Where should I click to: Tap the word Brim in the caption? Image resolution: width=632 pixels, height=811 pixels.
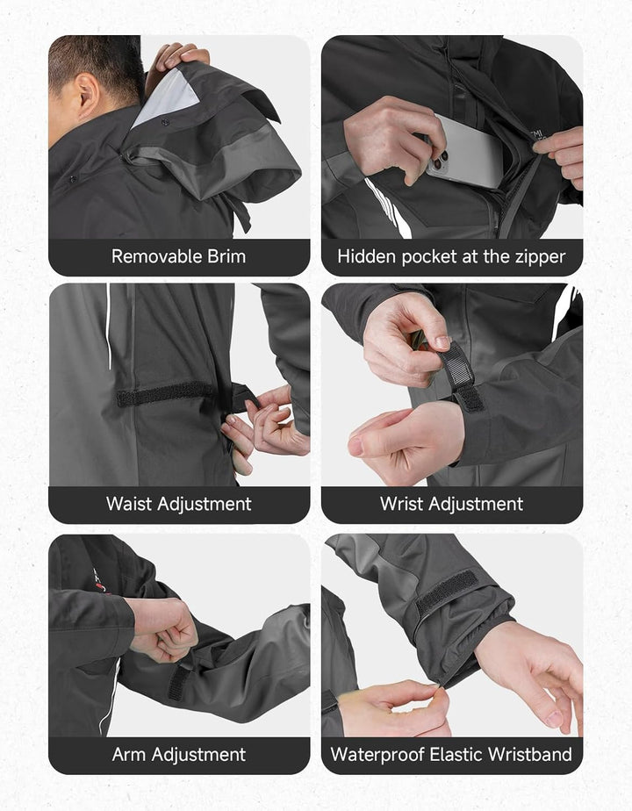226,256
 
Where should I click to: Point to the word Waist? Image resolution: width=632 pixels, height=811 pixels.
129,504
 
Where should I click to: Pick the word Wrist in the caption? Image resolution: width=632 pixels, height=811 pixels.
401,504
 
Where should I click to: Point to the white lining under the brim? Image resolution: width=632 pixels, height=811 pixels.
167,97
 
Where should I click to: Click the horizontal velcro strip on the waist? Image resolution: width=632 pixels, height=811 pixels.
167,394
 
